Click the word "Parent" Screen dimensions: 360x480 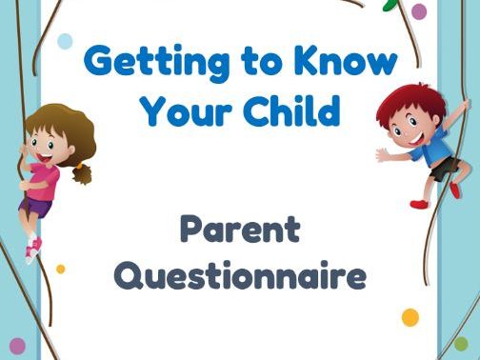coord(239,231)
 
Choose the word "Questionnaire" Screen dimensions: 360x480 coord(239,277)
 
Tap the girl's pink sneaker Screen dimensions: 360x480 coord(33,251)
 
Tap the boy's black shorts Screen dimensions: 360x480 coord(442,170)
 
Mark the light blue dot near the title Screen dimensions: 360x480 coord(65,40)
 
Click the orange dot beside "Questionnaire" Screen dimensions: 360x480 coord(410,317)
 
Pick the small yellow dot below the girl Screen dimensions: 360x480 coord(61,269)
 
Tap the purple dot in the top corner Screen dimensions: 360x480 coord(419,10)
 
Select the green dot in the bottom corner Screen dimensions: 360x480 coord(461,343)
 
